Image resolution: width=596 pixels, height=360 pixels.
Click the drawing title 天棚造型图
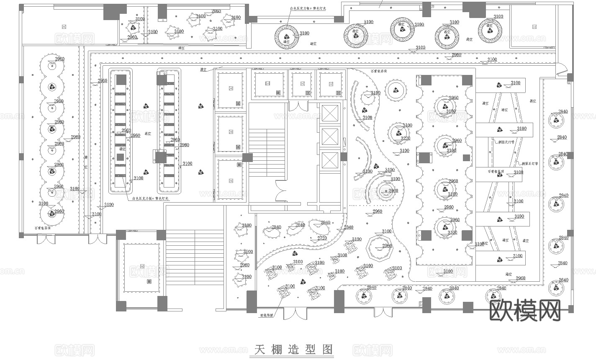click(293, 349)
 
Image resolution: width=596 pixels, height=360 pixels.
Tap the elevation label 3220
click(405, 139)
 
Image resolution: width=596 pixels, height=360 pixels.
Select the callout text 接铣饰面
click(266, 316)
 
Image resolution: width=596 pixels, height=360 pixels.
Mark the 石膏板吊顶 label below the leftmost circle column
click(43, 229)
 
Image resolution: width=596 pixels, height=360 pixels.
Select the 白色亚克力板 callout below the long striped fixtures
click(150, 198)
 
